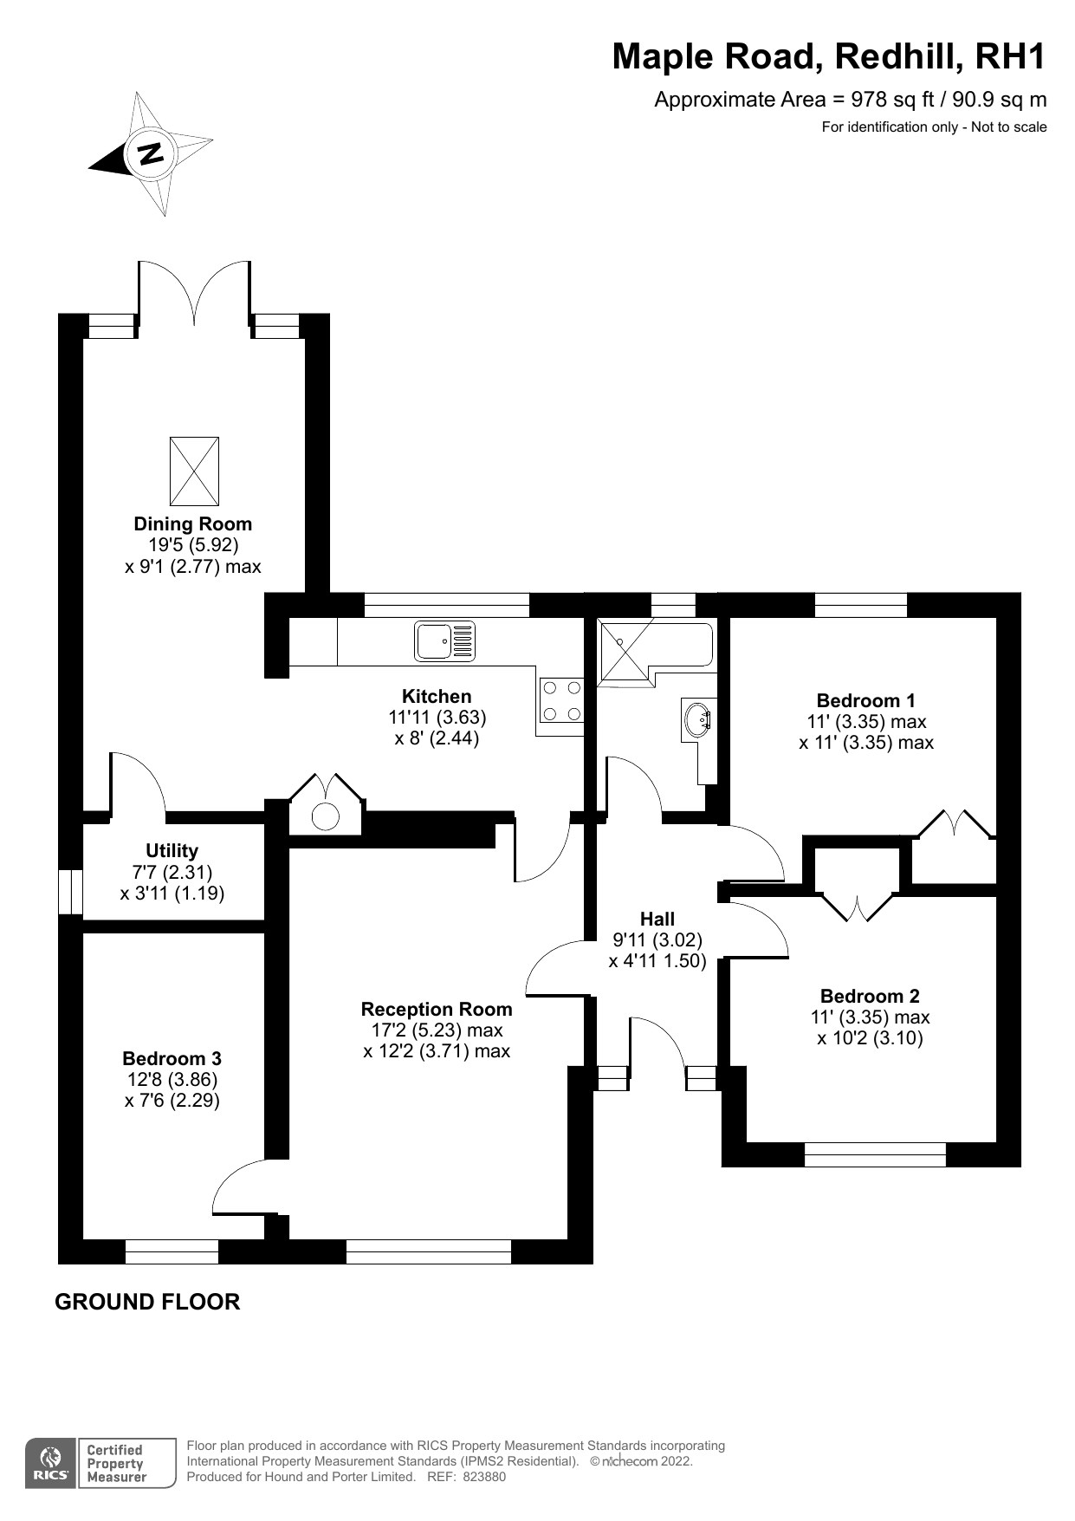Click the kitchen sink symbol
coord(445,640)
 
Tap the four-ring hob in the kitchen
coord(561,700)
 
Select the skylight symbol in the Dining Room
coord(194,471)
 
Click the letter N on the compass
coord(152,153)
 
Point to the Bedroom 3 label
coord(172,1058)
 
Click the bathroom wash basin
coord(698,718)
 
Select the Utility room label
coord(172,850)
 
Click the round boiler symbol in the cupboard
coord(325,816)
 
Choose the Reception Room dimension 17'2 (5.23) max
coord(437,1030)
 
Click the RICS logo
coord(50,1464)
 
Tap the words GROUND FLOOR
coord(147,1302)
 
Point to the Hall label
coord(657,919)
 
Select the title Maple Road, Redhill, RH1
coord(829,56)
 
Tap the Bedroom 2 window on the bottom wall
coord(875,1154)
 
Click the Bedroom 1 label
coord(865,700)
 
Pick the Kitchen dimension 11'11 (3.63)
coord(437,718)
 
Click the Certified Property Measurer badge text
coord(115,1464)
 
